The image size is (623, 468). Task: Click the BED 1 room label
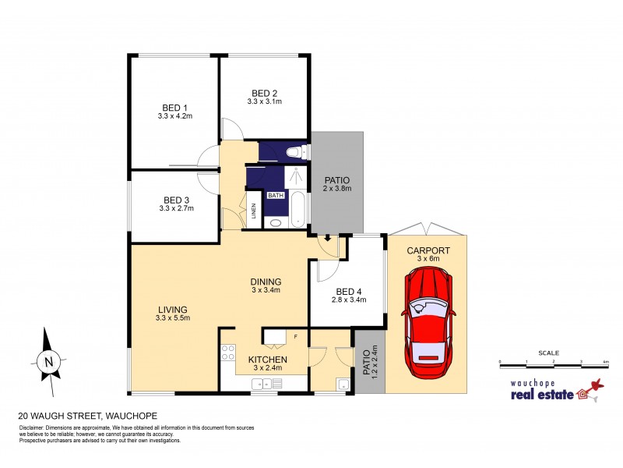[x=174, y=108]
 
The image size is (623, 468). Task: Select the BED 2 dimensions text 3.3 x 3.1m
[x=264, y=101]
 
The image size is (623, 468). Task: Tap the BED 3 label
[x=174, y=200]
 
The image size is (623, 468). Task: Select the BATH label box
[x=276, y=196]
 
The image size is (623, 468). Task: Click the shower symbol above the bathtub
[x=296, y=175]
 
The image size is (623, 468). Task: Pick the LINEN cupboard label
[x=253, y=211]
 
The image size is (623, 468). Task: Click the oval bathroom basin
[x=275, y=223]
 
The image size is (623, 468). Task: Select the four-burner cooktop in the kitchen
[x=228, y=353]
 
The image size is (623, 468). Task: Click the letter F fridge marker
[x=296, y=336]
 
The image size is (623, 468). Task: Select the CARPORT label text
[x=427, y=250]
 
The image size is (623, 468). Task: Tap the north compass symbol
[x=48, y=360]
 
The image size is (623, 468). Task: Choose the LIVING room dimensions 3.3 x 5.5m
[x=173, y=317]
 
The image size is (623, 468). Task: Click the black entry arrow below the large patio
[x=329, y=238]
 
